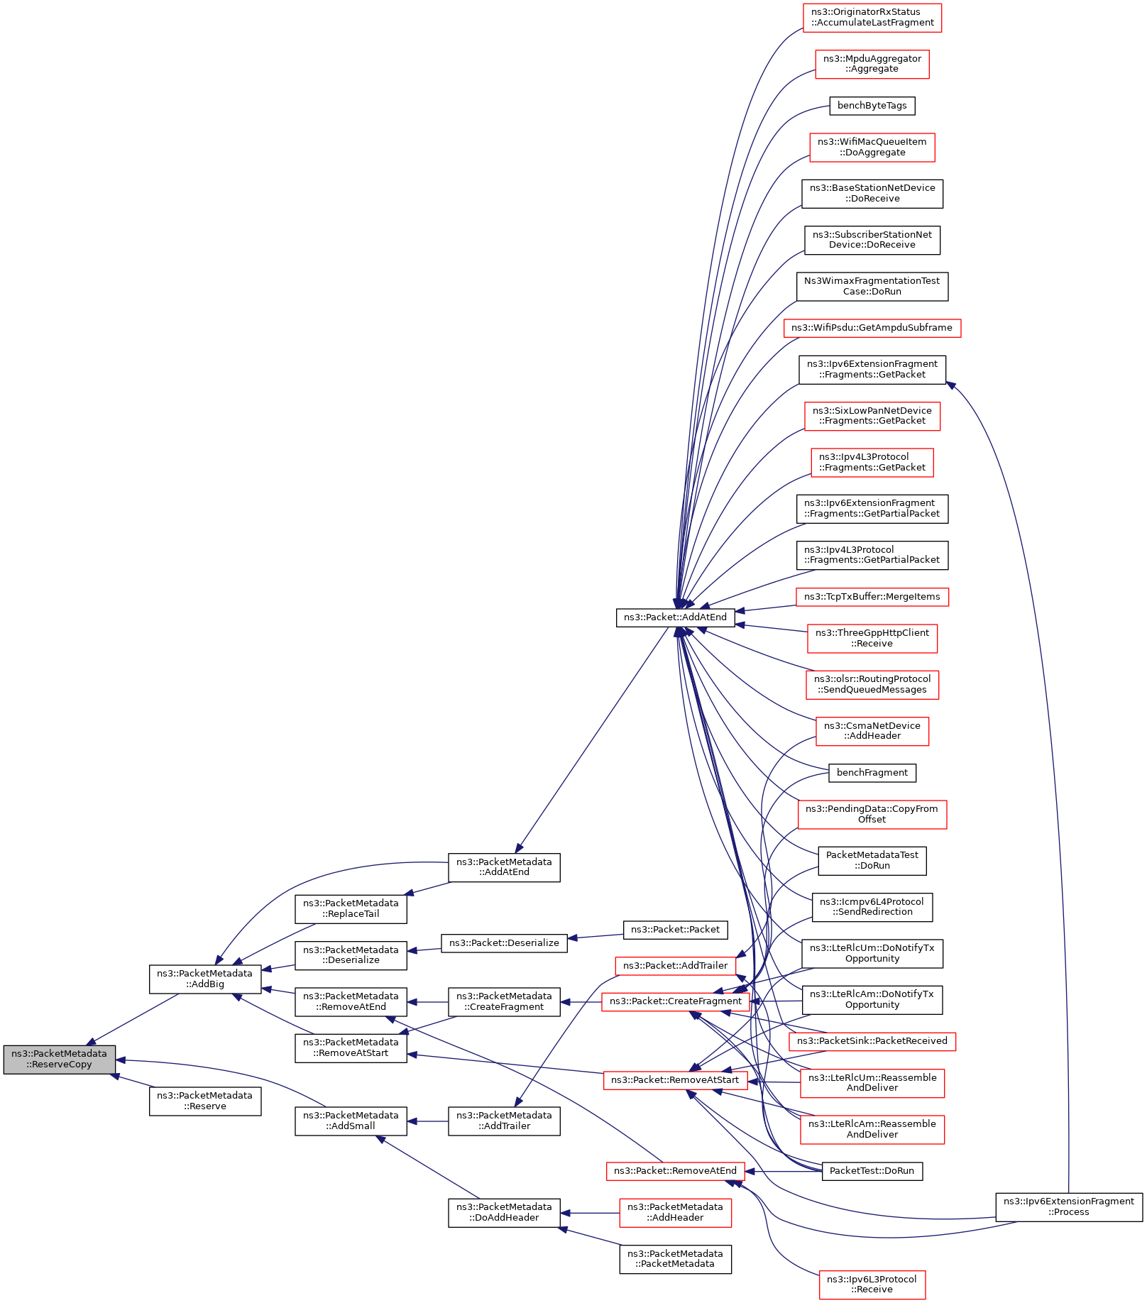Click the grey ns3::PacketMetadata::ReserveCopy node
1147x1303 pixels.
(x=59, y=1059)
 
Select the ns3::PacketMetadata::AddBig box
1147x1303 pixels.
(x=205, y=979)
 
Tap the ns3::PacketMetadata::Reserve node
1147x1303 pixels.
(x=205, y=1101)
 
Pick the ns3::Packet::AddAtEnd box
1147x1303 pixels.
(x=675, y=617)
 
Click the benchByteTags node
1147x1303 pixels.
(x=872, y=106)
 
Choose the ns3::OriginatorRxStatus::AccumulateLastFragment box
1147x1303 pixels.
(x=872, y=18)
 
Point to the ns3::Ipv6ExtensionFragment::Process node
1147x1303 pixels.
(x=1068, y=1206)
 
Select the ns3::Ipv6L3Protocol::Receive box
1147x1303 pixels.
(x=872, y=1285)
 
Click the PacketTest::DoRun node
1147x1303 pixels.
(x=872, y=1171)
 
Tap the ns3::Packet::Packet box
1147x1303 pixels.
(x=675, y=930)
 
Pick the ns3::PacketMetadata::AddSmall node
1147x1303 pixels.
(x=351, y=1121)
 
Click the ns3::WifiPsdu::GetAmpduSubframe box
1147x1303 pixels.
(x=872, y=328)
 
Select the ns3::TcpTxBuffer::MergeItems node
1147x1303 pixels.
(x=872, y=597)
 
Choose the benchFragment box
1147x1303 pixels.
(x=872, y=773)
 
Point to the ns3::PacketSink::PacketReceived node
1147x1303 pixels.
(x=872, y=1041)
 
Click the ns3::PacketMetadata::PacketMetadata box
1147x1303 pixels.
(x=675, y=1259)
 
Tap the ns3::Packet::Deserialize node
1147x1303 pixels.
(x=504, y=943)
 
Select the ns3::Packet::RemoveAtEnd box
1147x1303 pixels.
(x=675, y=1171)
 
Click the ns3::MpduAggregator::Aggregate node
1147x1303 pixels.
(x=872, y=64)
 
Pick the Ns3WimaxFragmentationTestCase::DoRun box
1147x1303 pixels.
(x=872, y=287)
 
